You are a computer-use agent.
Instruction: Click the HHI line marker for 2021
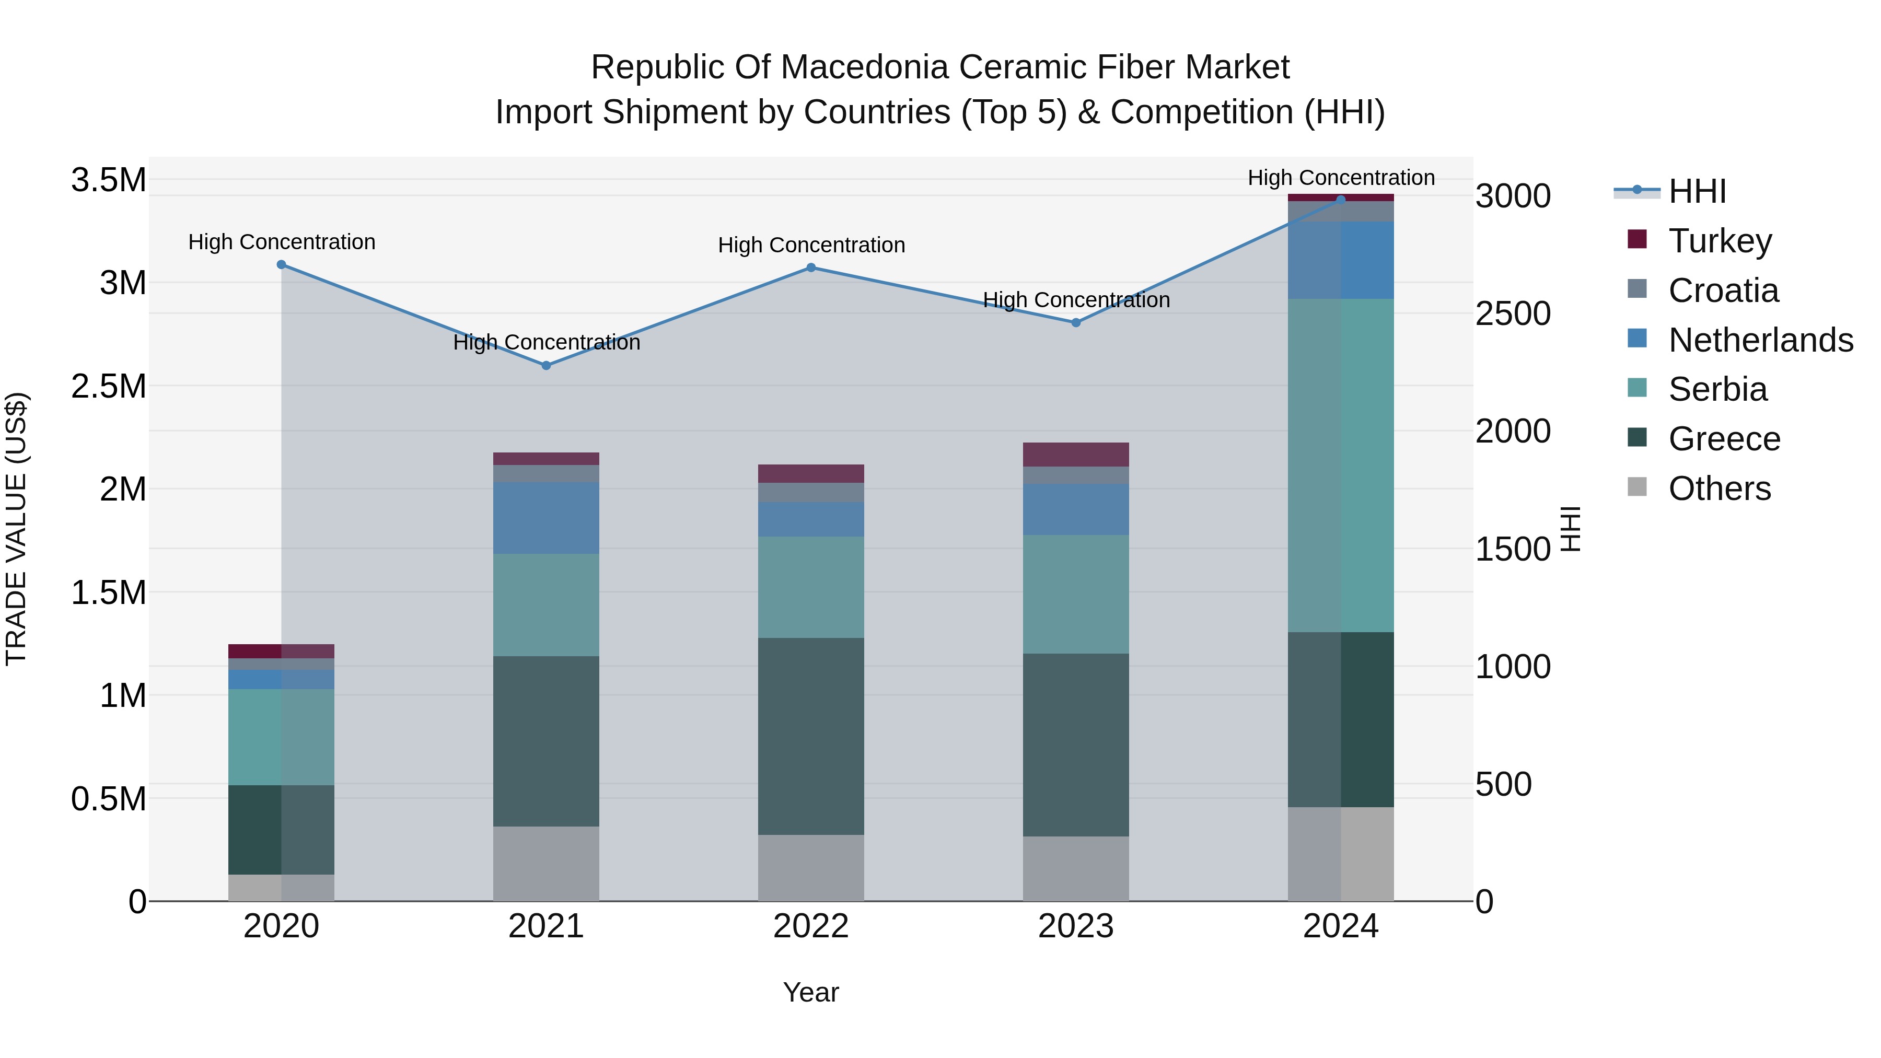click(x=546, y=365)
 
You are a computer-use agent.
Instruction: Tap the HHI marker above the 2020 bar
click(x=281, y=264)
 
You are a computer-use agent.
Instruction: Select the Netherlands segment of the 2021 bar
click(x=546, y=518)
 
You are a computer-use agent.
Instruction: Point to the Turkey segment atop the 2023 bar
click(x=1076, y=454)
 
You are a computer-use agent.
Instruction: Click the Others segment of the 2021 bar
click(x=546, y=864)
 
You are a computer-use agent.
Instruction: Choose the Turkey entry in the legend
click(x=1720, y=241)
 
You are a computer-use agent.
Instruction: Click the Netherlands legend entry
click(x=1760, y=340)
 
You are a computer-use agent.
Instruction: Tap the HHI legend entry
click(x=1697, y=191)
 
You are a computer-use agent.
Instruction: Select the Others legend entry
click(x=1719, y=489)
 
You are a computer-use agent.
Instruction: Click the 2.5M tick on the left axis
click(x=108, y=386)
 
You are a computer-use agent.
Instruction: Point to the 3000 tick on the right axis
click(x=1513, y=196)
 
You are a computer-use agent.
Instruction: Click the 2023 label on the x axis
click(x=1076, y=926)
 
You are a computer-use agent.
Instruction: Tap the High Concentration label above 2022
click(x=811, y=246)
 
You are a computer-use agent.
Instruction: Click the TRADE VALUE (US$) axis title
click(x=16, y=529)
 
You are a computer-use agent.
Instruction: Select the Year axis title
click(x=810, y=992)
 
